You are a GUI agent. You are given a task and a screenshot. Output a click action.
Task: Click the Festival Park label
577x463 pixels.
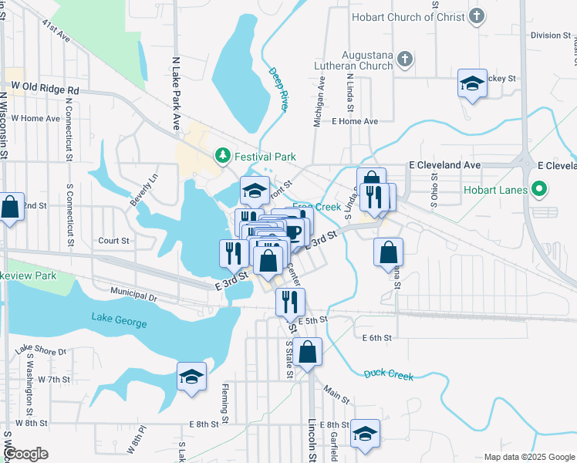265,157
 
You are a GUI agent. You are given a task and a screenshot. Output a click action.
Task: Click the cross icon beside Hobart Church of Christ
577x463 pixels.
477,15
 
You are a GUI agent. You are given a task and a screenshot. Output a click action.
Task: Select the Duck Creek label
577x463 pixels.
389,375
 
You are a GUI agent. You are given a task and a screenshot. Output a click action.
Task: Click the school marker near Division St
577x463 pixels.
473,84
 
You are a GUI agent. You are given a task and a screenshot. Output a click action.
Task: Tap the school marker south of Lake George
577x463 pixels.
191,377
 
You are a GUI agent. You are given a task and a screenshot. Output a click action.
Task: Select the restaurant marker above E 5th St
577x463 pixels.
290,303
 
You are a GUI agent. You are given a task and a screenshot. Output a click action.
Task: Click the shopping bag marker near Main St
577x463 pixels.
308,353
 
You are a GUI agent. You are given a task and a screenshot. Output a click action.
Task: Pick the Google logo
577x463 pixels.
27,454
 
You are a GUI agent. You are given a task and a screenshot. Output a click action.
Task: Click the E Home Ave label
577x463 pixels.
355,121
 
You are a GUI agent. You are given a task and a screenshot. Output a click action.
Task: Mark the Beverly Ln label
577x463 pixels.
143,189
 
